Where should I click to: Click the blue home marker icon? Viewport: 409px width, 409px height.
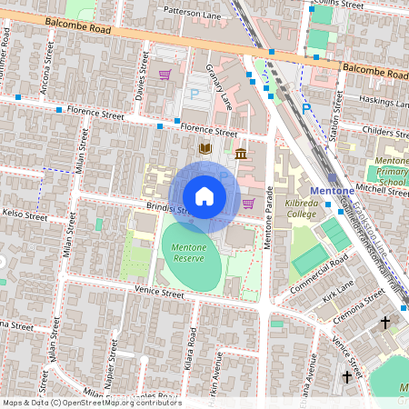[x=204, y=196]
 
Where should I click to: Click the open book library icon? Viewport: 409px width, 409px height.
[x=205, y=147]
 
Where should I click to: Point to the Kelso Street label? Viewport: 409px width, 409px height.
[x=24, y=216]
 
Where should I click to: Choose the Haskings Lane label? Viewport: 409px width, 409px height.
[x=384, y=100]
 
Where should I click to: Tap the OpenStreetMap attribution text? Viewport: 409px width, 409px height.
[x=91, y=403]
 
